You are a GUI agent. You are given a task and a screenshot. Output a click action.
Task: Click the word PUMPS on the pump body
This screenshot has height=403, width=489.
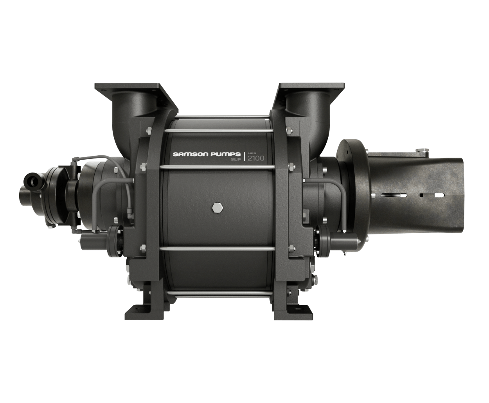pyautogui.click(x=226, y=154)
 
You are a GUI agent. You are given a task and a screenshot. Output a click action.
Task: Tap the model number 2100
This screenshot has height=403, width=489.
pyautogui.click(x=256, y=158)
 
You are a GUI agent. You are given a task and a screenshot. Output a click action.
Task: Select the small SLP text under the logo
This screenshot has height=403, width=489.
pyautogui.click(x=236, y=160)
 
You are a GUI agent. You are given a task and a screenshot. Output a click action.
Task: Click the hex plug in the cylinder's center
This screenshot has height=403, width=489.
pyautogui.click(x=218, y=208)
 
